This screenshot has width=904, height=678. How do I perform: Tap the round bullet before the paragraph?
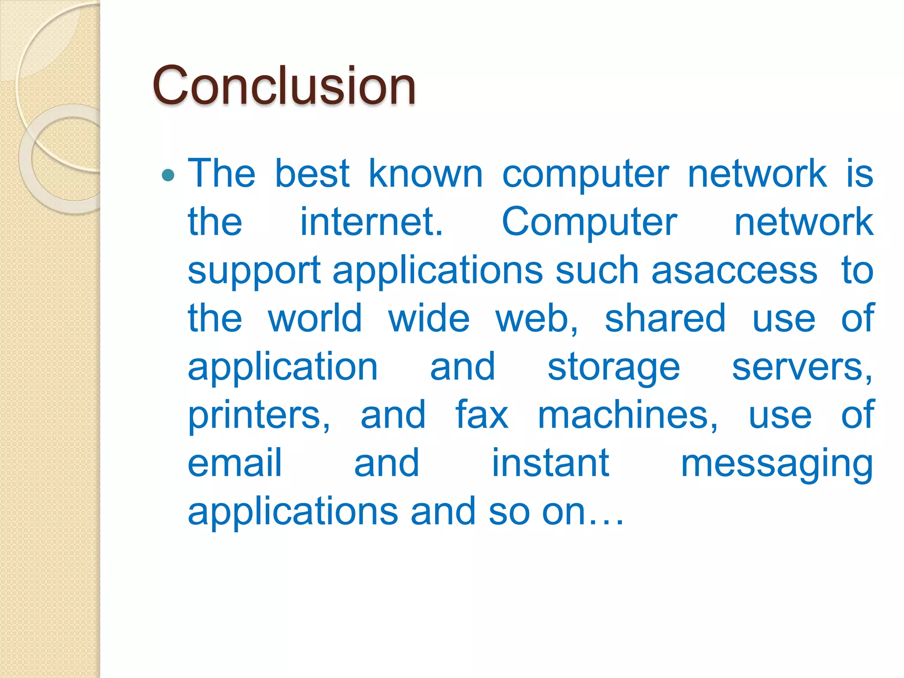pos(168,176)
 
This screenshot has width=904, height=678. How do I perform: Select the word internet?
pos(371,222)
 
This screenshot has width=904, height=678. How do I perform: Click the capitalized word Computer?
pos(589,222)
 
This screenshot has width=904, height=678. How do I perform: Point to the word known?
pos(426,173)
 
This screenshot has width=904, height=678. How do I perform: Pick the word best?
pos(313,173)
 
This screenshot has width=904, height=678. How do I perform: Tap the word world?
pos(315,318)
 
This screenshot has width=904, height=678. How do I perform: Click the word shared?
pos(665,318)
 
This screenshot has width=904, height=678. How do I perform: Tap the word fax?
pos(482,414)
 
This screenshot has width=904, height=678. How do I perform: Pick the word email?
pos(234,463)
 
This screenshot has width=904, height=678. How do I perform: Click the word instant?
pos(550,463)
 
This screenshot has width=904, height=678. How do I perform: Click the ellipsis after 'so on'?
pos(607,521)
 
